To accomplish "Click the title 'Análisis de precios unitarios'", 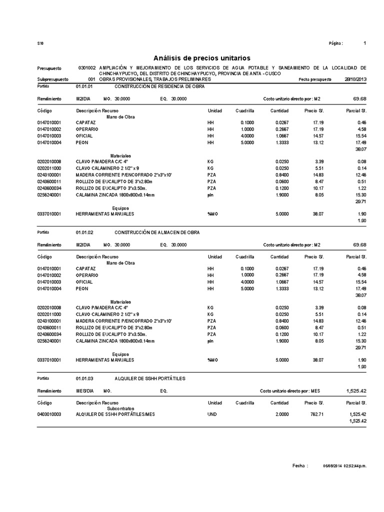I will coord(202,58).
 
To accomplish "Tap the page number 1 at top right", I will coord(365,43).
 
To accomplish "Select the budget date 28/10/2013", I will coord(355,79).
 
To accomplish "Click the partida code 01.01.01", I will coord(84,86).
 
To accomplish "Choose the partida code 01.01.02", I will coord(84,232).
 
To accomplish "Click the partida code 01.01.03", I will coord(84,378).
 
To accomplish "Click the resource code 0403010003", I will coord(49,414).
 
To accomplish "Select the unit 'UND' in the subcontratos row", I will coord(212,414).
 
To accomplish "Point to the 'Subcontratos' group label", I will coord(120,408).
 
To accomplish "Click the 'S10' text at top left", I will coord(40,44).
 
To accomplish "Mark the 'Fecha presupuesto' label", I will coord(314,79).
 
